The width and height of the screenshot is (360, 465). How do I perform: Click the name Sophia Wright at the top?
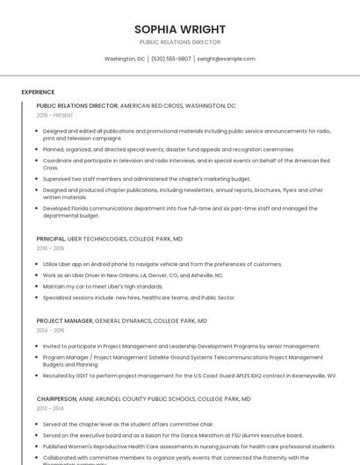point(180,29)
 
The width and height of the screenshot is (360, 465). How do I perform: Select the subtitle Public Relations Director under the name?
point(180,42)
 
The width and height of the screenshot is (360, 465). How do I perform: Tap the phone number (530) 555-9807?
point(171,59)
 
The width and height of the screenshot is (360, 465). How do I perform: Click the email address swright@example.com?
point(226,59)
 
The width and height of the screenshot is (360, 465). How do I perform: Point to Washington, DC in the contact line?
point(125,59)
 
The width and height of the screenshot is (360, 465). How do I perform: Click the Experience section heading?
point(38,91)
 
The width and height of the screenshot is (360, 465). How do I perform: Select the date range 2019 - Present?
point(55,115)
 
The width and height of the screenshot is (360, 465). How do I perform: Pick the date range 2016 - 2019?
point(50,248)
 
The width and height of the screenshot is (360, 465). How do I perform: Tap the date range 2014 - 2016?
point(50,331)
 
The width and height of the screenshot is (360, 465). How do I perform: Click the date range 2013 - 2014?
point(50,409)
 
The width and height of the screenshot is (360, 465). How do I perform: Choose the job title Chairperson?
point(56,399)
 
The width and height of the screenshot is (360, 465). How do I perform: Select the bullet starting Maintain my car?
point(103,286)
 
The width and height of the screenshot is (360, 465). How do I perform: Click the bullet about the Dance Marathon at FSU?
point(172,434)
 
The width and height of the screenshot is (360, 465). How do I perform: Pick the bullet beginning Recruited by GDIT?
point(189,375)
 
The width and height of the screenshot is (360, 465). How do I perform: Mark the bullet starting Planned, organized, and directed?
point(169,149)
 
